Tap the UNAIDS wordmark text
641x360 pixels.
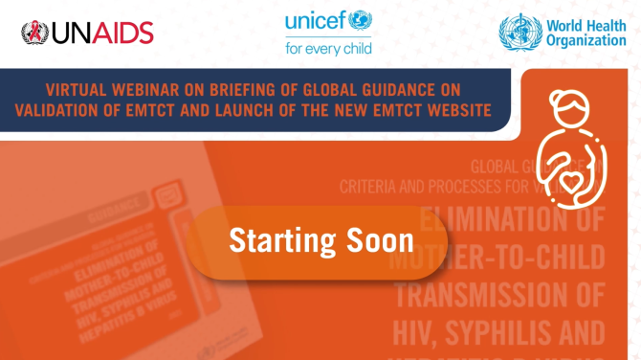tap(101, 33)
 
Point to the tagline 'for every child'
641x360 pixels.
tap(328, 45)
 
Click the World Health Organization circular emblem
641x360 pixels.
tap(519, 32)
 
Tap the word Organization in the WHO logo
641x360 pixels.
tap(585, 41)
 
